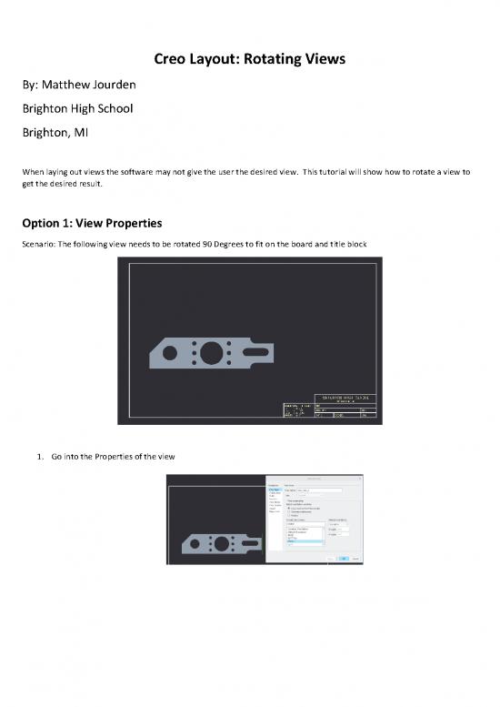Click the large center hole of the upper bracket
click(211, 350)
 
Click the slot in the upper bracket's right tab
click(262, 350)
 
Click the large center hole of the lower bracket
click(219, 543)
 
